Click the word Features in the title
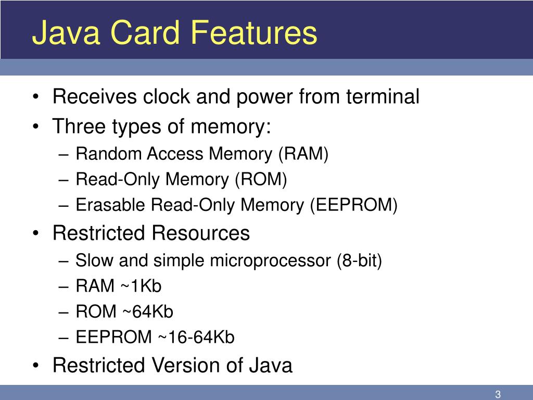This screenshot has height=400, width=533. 260,33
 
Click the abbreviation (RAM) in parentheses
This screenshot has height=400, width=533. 303,154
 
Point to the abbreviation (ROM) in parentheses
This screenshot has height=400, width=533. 261,179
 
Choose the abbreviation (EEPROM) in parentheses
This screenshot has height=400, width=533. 354,205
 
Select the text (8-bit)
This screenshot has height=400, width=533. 359,260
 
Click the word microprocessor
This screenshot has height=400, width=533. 270,260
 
